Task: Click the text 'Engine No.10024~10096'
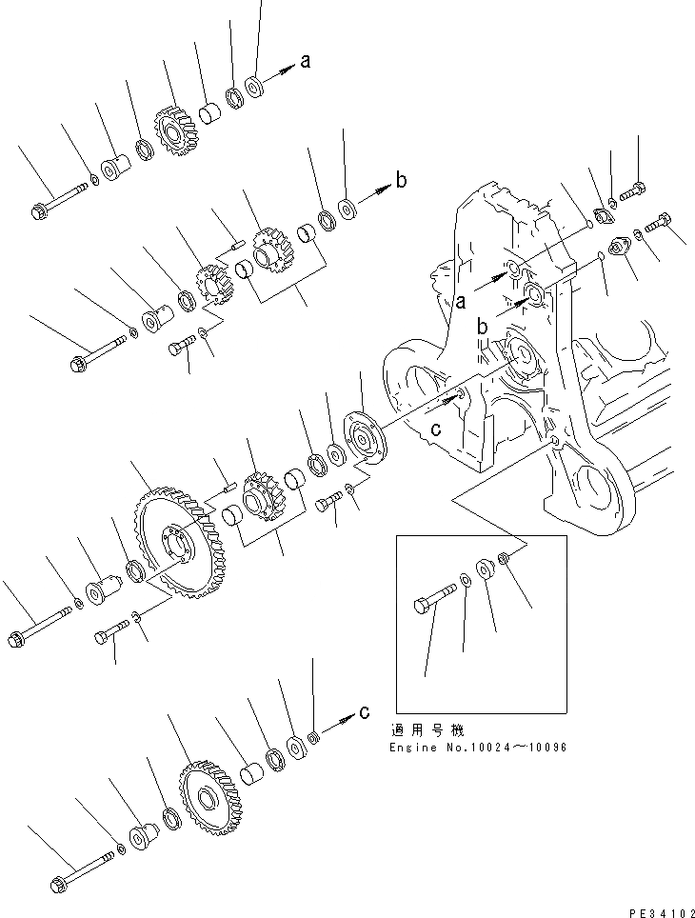point(478,748)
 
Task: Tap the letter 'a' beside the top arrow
point(305,62)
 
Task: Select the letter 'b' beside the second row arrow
point(401,179)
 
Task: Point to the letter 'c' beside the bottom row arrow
point(363,710)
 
